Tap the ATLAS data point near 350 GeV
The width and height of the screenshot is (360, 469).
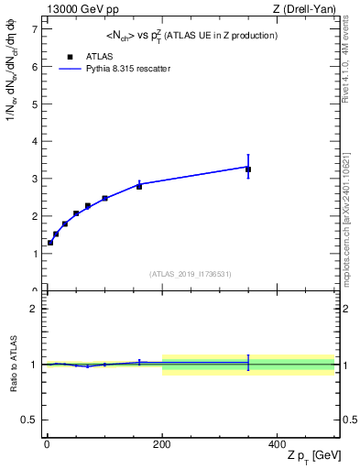248,169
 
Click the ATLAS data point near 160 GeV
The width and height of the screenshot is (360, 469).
139,186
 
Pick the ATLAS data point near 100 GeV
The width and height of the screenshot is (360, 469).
104,198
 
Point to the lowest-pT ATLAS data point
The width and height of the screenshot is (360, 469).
50,243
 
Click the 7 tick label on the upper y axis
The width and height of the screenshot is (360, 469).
34,29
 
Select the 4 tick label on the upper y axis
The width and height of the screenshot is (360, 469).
34,142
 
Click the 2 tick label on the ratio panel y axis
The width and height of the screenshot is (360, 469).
34,309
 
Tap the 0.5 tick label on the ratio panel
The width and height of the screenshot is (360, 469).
30,420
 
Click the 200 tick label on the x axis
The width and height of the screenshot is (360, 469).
162,443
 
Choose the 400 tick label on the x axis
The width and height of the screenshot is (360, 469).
278,443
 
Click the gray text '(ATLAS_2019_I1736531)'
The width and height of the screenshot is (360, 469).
190,274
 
